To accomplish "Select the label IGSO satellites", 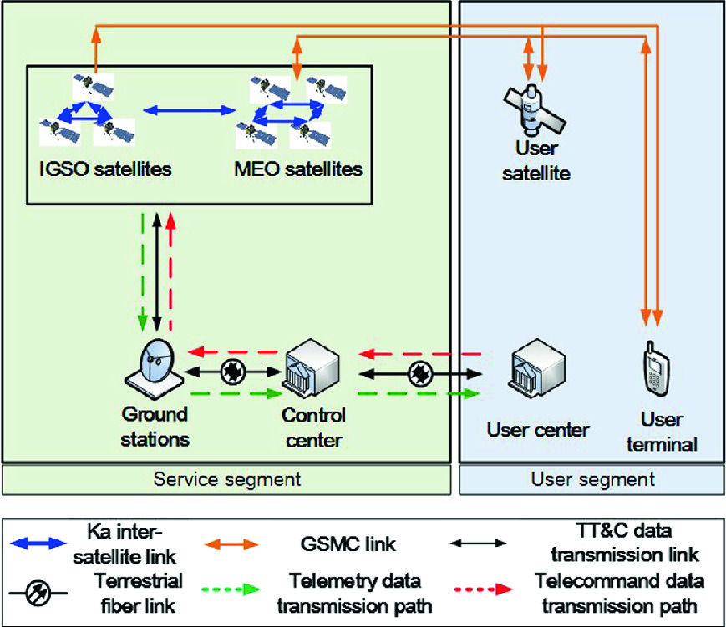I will [106, 169].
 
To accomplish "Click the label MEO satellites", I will [299, 169].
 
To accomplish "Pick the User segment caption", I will [592, 479].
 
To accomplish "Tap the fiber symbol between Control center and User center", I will [419, 372].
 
